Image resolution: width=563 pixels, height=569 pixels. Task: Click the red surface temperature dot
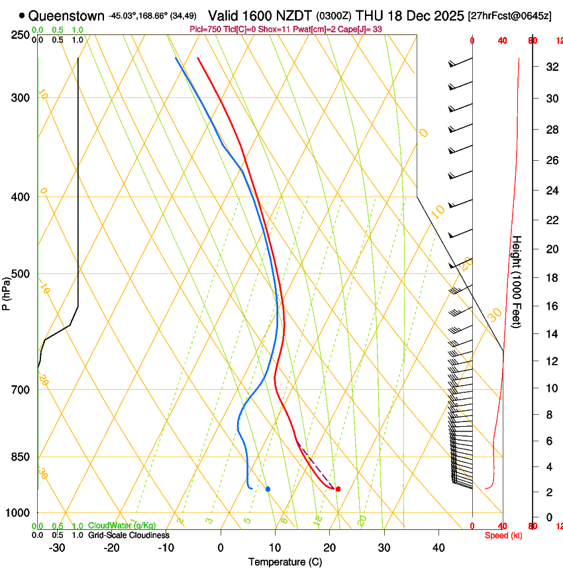click(x=338, y=489)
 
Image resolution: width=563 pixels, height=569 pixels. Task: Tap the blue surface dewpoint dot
click(x=268, y=489)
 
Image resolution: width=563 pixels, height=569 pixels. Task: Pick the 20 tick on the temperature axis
click(x=329, y=547)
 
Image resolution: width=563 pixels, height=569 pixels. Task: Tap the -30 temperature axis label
click(x=57, y=547)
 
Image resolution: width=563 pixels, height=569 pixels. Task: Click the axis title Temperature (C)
click(x=285, y=562)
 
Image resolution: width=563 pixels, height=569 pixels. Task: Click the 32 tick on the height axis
click(x=550, y=67)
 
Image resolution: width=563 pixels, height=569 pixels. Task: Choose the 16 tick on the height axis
click(x=550, y=306)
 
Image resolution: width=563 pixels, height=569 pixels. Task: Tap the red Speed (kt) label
click(x=502, y=535)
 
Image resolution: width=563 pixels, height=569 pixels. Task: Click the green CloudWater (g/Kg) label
click(x=122, y=525)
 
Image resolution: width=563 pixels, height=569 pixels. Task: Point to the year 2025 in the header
click(x=442, y=15)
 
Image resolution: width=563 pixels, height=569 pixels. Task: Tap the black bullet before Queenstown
click(x=22, y=15)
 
